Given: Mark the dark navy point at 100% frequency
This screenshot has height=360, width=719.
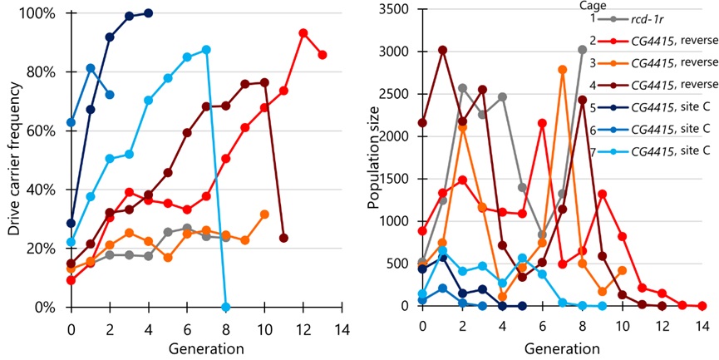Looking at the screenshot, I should pyautogui.click(x=148, y=13).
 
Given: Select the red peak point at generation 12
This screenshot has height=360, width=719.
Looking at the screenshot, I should pyautogui.click(x=303, y=32).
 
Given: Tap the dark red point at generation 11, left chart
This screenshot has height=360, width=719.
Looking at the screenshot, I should pyautogui.click(x=284, y=238).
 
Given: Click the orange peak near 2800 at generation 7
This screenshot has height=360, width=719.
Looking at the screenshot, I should pyautogui.click(x=563, y=70).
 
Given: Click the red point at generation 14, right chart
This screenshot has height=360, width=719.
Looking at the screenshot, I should pyautogui.click(x=702, y=306).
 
